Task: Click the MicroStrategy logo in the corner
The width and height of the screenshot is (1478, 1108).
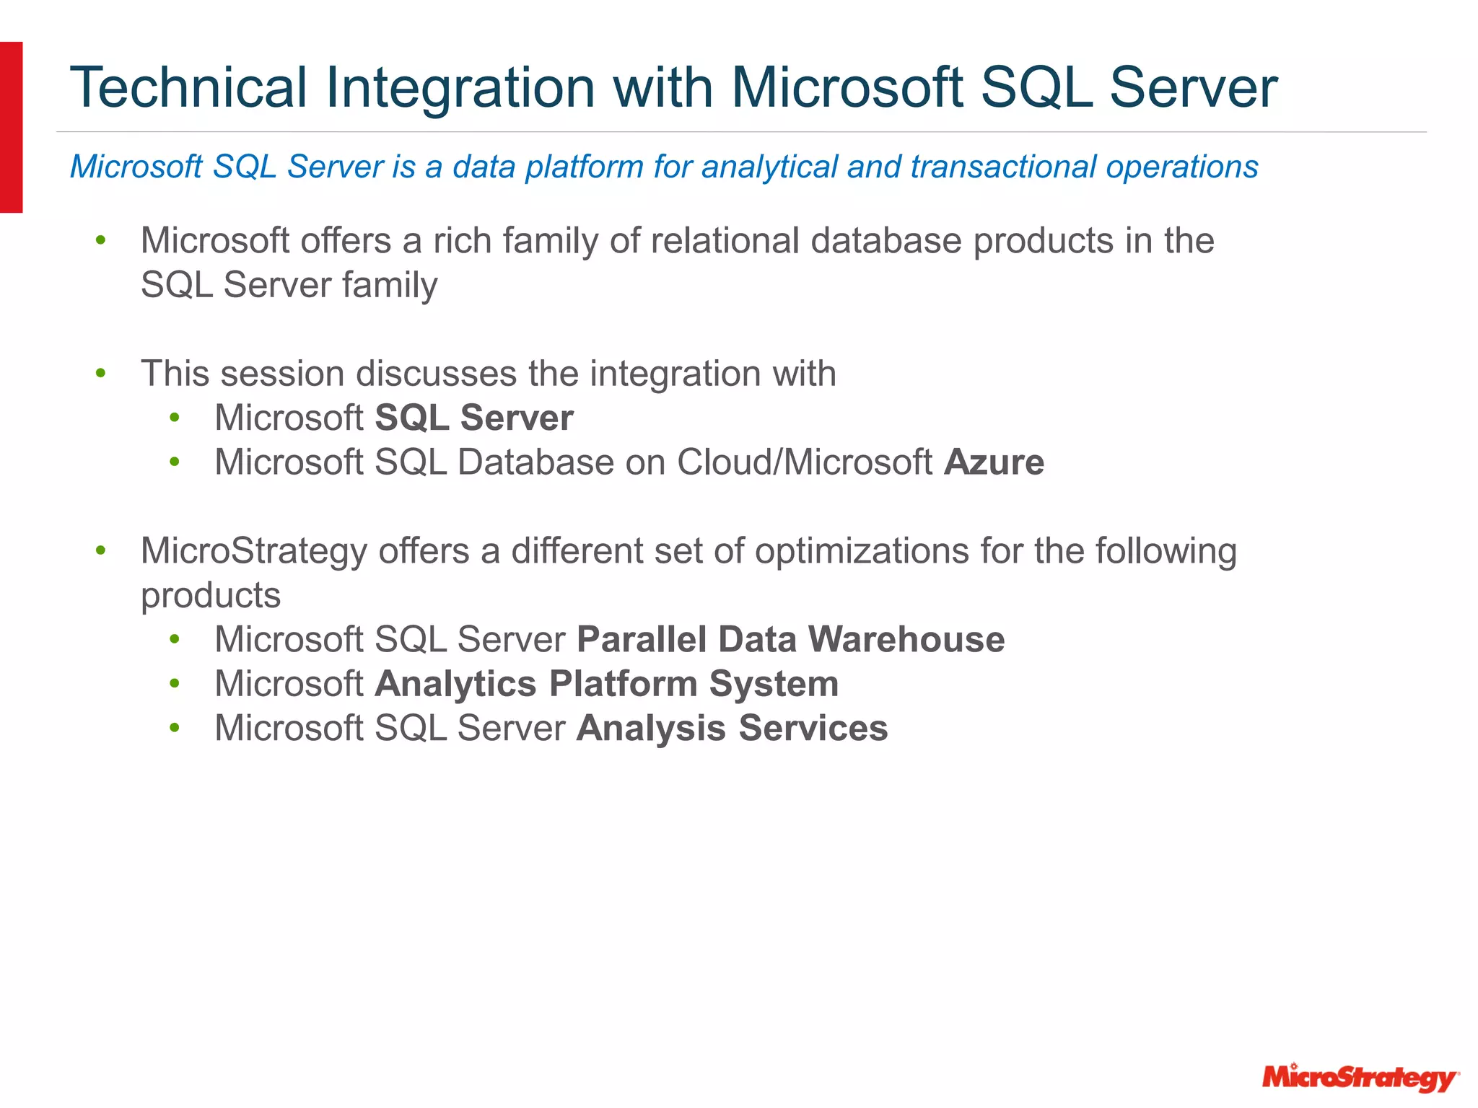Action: (1360, 1078)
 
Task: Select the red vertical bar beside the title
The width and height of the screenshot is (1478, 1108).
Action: (11, 127)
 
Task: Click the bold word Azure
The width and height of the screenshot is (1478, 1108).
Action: (994, 462)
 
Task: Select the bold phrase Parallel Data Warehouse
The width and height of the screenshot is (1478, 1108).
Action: (790, 640)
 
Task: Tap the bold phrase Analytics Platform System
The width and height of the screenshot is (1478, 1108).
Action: (606, 684)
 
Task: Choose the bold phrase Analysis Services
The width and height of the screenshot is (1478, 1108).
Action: (732, 728)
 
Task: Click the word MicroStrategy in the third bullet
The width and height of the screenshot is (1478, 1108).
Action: (254, 552)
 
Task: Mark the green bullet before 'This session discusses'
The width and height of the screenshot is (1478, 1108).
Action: (101, 374)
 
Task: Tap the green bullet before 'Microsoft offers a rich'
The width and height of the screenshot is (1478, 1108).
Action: (101, 240)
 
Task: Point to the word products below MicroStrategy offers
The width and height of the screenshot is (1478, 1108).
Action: (211, 597)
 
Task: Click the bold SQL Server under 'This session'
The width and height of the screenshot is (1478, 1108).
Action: (474, 418)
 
